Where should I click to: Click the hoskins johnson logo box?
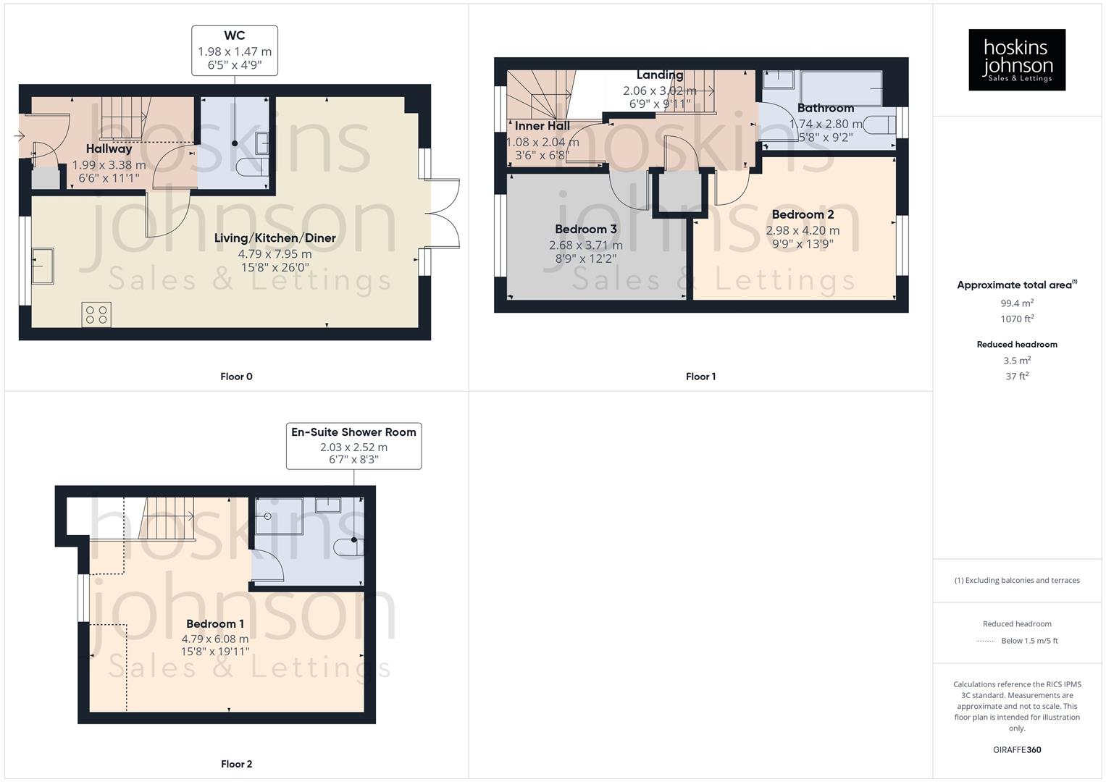[1016, 59]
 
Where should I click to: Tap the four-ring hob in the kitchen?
[96, 314]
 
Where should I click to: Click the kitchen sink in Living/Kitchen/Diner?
[43, 266]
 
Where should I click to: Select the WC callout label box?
[235, 51]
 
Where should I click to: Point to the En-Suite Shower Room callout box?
[353, 446]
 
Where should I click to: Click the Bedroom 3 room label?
[585, 230]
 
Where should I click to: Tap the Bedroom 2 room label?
[803, 214]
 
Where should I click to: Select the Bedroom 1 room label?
[215, 623]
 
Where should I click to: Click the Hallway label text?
[109, 148]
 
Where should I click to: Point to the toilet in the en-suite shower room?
[348, 546]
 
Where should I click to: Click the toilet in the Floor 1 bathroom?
[879, 125]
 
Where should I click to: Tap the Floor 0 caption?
[236, 377]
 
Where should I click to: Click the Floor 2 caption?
[236, 764]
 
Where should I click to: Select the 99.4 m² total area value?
[1017, 303]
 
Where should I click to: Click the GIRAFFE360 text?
[1017, 749]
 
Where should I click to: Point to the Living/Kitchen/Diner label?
[275, 238]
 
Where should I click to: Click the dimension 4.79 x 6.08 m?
[215, 639]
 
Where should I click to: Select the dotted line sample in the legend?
[986, 641]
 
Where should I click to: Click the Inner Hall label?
[542, 126]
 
